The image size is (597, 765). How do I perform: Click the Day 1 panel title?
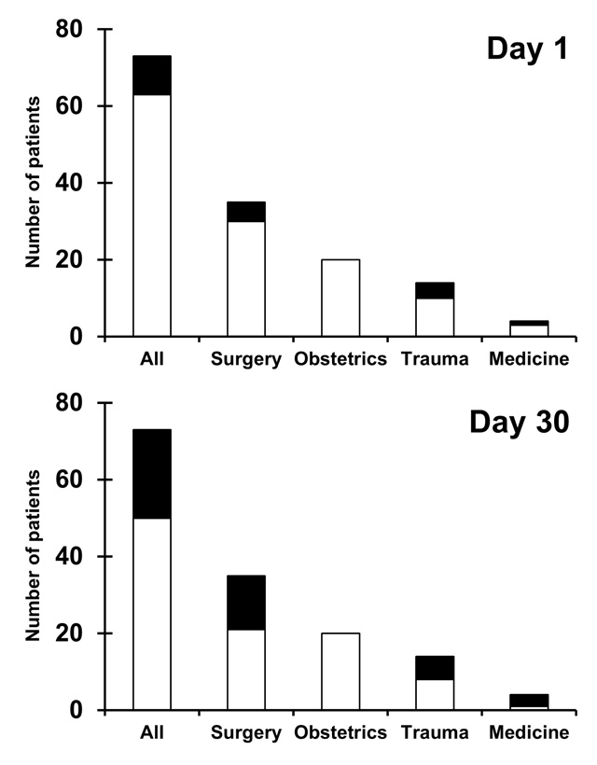[x=527, y=49]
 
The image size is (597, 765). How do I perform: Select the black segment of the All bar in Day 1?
[x=152, y=76]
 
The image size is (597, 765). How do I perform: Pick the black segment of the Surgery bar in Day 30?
[x=246, y=603]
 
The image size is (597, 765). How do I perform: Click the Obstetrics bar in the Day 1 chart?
[x=340, y=298]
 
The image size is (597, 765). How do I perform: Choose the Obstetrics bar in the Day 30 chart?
[x=340, y=671]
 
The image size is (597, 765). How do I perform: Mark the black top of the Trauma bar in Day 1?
[x=435, y=290]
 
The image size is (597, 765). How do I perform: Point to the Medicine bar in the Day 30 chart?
[x=529, y=702]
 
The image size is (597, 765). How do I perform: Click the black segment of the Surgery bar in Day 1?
[x=246, y=212]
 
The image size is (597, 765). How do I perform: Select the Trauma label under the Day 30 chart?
[x=435, y=733]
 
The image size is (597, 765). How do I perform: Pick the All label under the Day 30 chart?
[x=152, y=733]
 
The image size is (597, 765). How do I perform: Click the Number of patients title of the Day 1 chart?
[x=33, y=184]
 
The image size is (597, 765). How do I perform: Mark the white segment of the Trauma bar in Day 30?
[x=435, y=694]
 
